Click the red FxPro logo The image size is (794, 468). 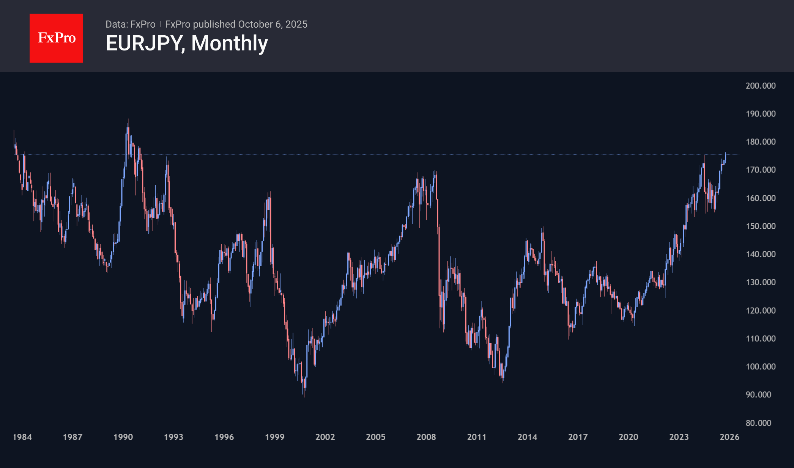click(x=56, y=38)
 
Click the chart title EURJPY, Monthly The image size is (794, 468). click(x=187, y=43)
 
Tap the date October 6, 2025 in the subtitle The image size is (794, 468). click(x=273, y=24)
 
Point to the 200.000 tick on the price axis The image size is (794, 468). click(x=760, y=86)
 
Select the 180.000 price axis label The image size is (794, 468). click(x=760, y=142)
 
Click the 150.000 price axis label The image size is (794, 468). click(x=760, y=226)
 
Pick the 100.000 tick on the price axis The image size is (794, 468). click(x=760, y=367)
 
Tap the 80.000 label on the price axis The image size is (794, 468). click(x=758, y=423)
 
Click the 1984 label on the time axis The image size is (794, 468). click(x=22, y=437)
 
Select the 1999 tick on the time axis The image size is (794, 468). click(x=274, y=437)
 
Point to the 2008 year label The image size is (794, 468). click(x=426, y=437)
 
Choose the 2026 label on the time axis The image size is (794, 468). click(x=729, y=437)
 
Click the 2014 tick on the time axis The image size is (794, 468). click(x=527, y=437)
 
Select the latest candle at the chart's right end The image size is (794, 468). click(x=725, y=158)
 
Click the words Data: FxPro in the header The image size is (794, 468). click(x=130, y=24)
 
